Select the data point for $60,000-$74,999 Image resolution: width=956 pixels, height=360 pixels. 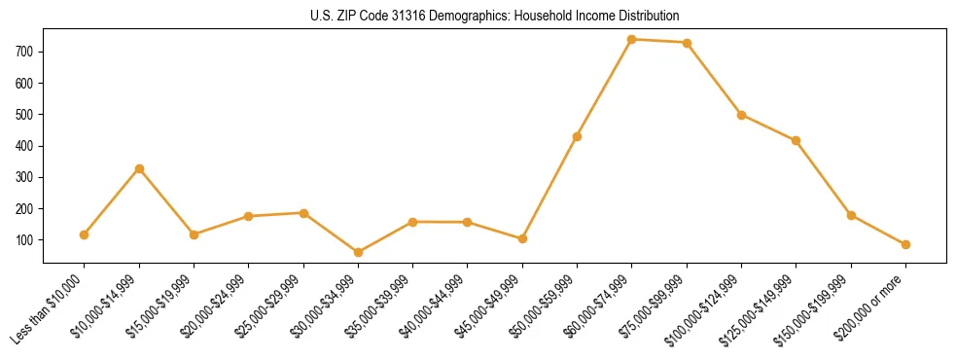pyautogui.click(x=632, y=40)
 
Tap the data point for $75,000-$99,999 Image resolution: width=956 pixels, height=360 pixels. pyautogui.click(x=687, y=43)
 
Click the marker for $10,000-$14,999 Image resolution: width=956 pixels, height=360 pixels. pyautogui.click(x=139, y=169)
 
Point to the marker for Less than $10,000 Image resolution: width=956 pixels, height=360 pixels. pyautogui.click(x=85, y=234)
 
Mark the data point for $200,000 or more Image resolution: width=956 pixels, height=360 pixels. pyautogui.click(x=905, y=244)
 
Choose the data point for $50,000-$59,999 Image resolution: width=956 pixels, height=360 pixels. pyautogui.click(x=577, y=136)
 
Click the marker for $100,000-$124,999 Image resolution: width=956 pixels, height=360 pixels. pyautogui.click(x=741, y=115)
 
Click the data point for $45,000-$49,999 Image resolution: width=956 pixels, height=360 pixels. pyautogui.click(x=522, y=238)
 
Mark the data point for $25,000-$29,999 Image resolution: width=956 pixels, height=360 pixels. pyautogui.click(x=303, y=213)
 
